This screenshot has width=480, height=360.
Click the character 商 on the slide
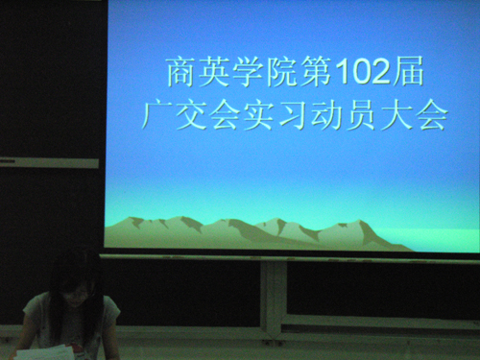click(x=181, y=71)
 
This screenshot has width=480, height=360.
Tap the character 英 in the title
click(x=213, y=71)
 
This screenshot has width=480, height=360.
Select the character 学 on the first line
click(x=245, y=71)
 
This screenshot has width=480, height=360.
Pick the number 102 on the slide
click(x=359, y=72)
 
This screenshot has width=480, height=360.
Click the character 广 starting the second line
click(x=156, y=115)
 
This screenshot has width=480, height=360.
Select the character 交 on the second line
click(x=188, y=115)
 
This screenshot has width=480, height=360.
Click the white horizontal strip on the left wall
click(x=48, y=162)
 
